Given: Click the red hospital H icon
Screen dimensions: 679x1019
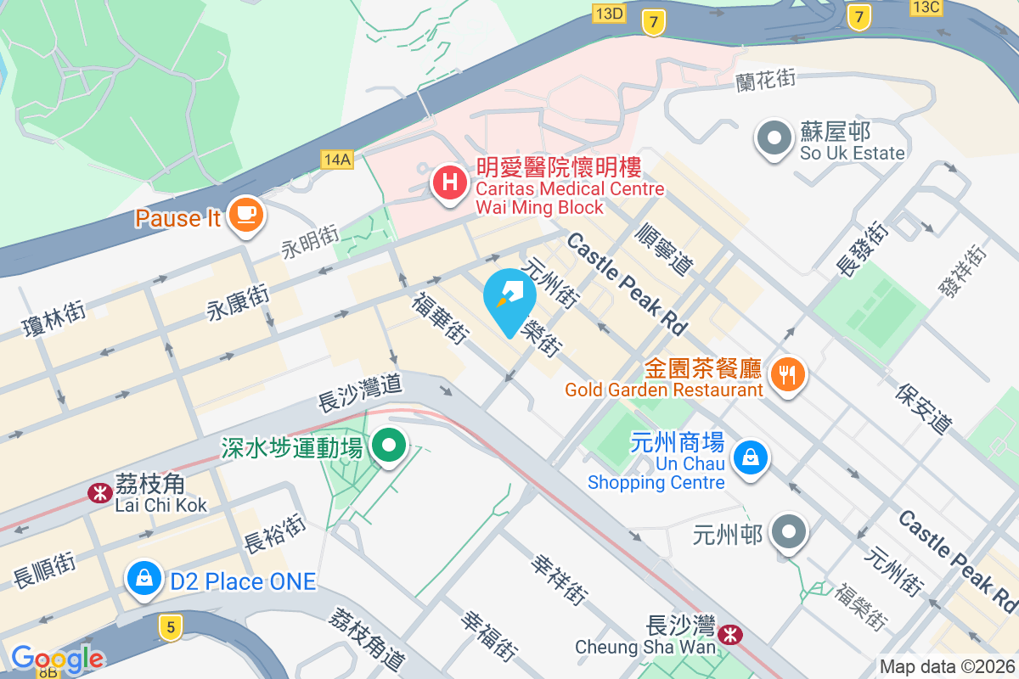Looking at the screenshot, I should click(x=448, y=182).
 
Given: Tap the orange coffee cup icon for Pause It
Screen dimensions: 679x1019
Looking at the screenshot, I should click(x=246, y=216).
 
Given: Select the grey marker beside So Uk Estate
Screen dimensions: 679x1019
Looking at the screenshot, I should click(x=774, y=138).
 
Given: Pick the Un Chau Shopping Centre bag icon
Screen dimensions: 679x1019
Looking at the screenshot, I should click(x=751, y=458).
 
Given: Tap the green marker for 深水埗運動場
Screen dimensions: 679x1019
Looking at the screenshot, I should click(x=390, y=445).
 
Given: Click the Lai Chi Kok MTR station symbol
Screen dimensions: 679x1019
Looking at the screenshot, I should click(x=100, y=493).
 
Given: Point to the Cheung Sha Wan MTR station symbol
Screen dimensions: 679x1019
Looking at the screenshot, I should click(x=729, y=635).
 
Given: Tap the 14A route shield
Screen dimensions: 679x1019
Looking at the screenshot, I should click(x=336, y=159).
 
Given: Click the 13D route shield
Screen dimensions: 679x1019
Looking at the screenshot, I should click(x=609, y=12).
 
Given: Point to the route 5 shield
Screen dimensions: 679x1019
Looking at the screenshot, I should click(x=171, y=627).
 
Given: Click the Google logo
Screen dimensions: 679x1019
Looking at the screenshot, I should click(x=57, y=658).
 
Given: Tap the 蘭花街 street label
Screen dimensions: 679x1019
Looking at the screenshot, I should click(x=765, y=79).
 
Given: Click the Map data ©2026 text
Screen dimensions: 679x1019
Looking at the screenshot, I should click(x=947, y=667).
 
